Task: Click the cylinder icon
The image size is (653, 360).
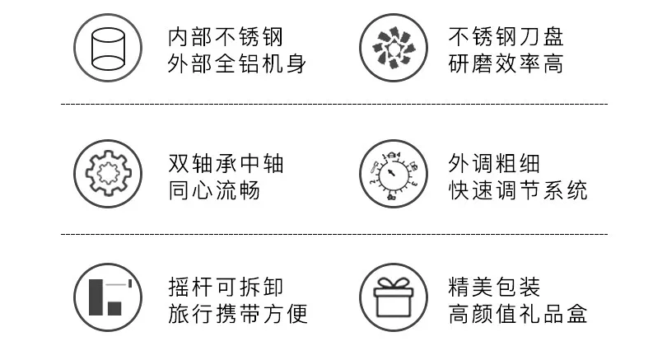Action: pyautogui.click(x=108, y=48)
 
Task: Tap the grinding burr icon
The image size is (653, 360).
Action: pyautogui.click(x=394, y=48)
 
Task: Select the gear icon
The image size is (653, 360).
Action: pyautogui.click(x=108, y=173)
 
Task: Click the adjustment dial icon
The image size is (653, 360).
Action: pyautogui.click(x=394, y=173)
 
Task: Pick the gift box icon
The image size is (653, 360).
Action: pyautogui.click(x=394, y=297)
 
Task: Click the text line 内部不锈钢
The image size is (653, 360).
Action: pyautogui.click(x=226, y=37)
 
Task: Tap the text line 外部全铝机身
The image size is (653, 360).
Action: pyautogui.click(x=237, y=63)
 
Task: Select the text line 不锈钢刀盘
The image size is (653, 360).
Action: pyautogui.click(x=506, y=37)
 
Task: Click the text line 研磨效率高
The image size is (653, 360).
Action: pyautogui.click(x=506, y=63)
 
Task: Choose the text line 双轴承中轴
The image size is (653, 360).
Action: pyautogui.click(x=226, y=163)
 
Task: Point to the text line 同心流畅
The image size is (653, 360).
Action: pyautogui.click(x=214, y=190)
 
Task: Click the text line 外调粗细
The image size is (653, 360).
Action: pyautogui.click(x=494, y=163)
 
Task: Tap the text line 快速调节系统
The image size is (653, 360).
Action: pyautogui.click(x=518, y=190)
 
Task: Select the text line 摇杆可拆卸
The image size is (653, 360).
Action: pyautogui.click(x=226, y=287)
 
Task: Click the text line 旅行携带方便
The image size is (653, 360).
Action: pyautogui.click(x=238, y=314)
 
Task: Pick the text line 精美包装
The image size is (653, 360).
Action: pyautogui.click(x=494, y=287)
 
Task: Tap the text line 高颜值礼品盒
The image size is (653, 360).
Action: pyautogui.click(x=518, y=314)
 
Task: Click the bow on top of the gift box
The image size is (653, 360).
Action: pyautogui.click(x=394, y=283)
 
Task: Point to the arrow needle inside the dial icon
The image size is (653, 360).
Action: pyautogui.click(x=390, y=172)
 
